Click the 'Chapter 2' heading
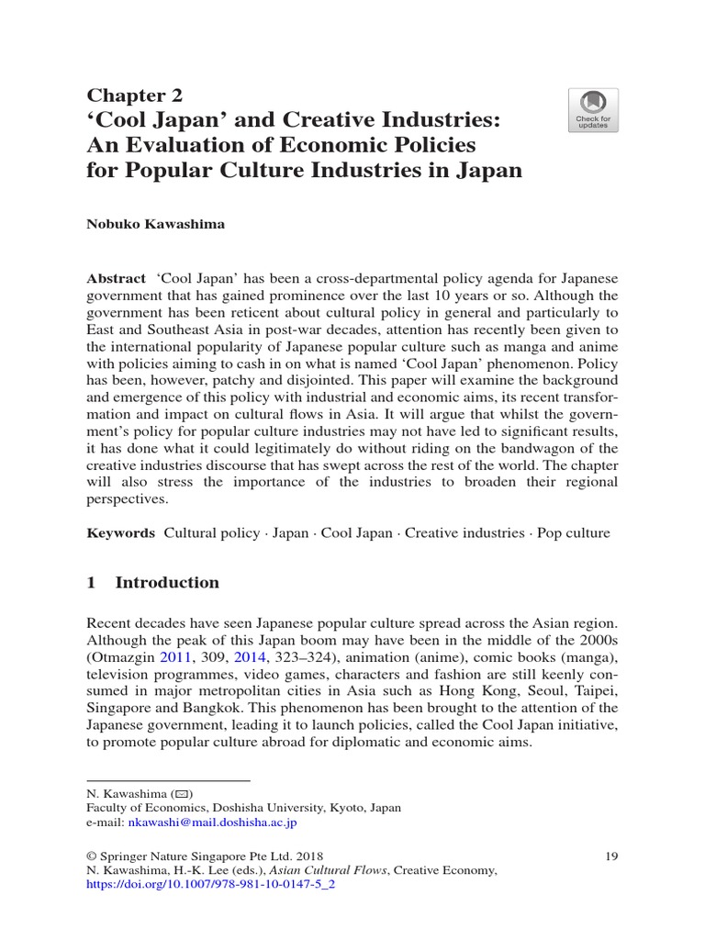[x=135, y=95]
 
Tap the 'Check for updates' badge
[x=592, y=110]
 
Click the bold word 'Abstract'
[x=116, y=278]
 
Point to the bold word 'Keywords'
[x=120, y=532]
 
